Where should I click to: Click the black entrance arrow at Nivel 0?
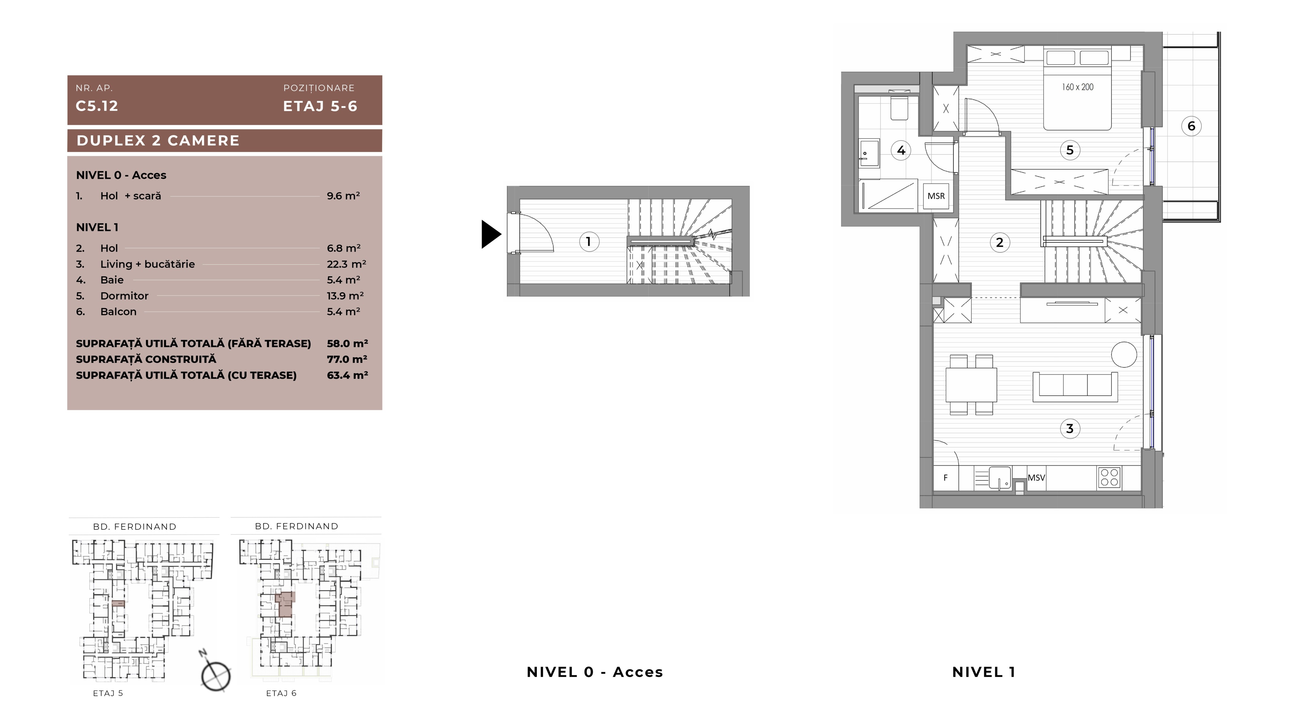(490, 234)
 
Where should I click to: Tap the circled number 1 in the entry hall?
(589, 242)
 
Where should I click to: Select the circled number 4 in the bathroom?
(901, 150)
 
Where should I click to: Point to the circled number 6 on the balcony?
(1191, 126)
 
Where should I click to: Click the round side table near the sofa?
(1124, 354)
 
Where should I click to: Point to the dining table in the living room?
(971, 385)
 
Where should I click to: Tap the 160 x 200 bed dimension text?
(1077, 87)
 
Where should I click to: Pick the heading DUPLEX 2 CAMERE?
(158, 141)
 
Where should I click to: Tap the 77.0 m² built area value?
(347, 359)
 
